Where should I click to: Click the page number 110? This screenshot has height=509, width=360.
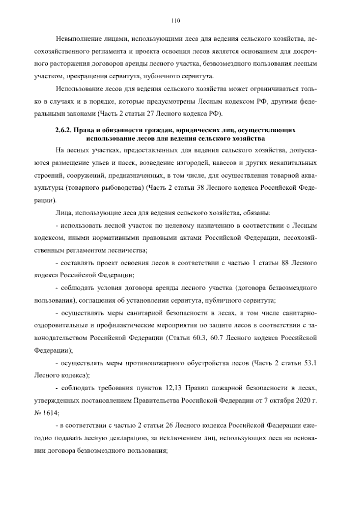pos(175,21)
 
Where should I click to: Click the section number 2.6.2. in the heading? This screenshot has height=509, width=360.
pos(63,131)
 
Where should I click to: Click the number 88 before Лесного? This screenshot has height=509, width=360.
pos(285,263)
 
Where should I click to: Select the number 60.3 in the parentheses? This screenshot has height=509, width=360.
pos(200,338)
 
